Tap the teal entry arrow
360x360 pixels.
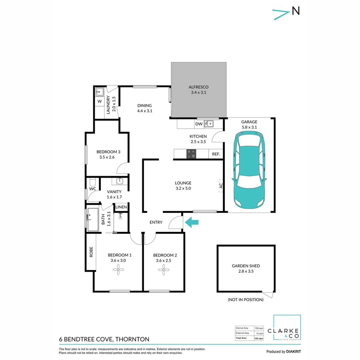(192, 222)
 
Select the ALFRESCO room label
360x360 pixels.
(199, 87)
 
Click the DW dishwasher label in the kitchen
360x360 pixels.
(199, 124)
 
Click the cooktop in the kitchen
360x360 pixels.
(191, 154)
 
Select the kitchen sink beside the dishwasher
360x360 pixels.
(209, 124)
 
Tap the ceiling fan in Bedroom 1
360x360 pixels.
(118, 270)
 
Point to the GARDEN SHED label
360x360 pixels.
(246, 266)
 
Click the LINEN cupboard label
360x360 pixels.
(121, 207)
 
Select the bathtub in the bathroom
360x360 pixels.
(93, 220)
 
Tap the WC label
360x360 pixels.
(93, 189)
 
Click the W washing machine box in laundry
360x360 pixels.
(99, 101)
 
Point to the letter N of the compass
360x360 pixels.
(295, 11)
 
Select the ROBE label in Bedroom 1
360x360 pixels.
(91, 251)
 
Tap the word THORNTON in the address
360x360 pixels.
(133, 339)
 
